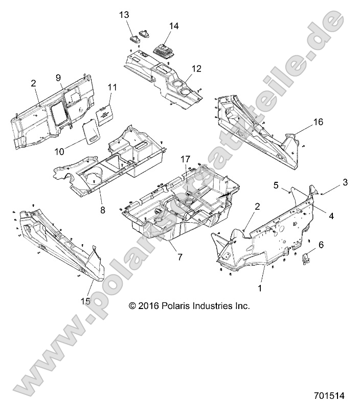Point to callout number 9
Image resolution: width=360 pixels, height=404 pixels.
coord(59,77)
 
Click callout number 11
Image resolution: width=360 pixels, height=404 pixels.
coord(112,87)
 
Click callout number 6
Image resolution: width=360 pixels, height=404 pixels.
coord(321,245)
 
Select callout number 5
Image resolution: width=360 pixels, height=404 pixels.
coord(277,186)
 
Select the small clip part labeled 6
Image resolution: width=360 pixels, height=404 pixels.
coord(306,260)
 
